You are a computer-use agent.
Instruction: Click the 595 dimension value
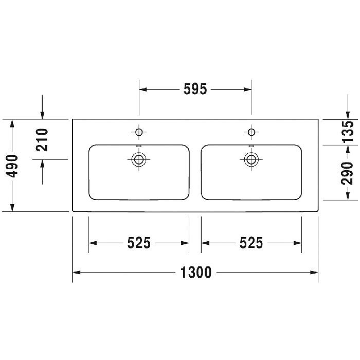(195, 89)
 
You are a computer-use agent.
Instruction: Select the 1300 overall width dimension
(195, 272)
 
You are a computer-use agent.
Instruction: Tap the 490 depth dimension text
(12, 166)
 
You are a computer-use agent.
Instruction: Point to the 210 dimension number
(42, 140)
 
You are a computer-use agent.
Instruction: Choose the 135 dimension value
(348, 132)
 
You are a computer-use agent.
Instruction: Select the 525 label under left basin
(139, 243)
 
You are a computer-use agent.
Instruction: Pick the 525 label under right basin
(251, 243)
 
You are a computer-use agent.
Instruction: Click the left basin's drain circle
(139, 159)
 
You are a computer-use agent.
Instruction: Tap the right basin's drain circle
(251, 159)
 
